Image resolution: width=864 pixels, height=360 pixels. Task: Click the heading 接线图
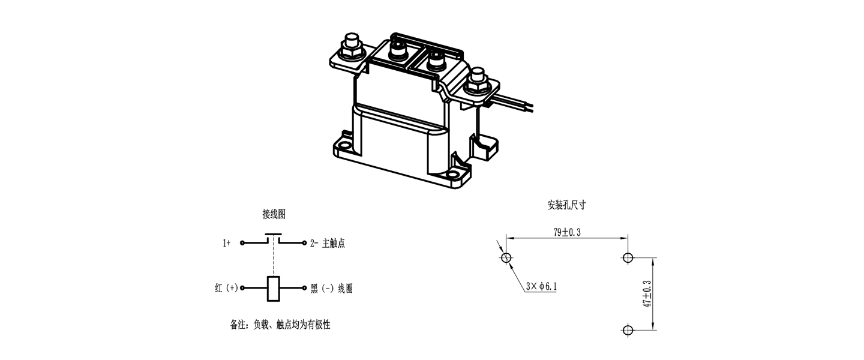click(x=274, y=214)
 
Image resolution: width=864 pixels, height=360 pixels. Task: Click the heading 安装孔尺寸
click(x=566, y=205)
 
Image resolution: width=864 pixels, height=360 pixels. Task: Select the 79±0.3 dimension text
click(x=567, y=232)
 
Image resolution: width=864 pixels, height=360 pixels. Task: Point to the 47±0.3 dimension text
click(x=647, y=294)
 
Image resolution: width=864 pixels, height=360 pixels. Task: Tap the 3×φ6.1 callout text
click(x=542, y=286)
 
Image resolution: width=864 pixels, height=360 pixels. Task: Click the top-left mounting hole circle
click(x=506, y=258)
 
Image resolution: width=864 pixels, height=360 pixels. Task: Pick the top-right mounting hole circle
click(x=628, y=258)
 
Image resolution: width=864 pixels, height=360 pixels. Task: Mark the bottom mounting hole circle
click(x=628, y=330)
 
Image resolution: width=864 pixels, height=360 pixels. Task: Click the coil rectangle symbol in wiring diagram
click(x=274, y=289)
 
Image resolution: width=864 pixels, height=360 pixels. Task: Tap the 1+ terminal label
click(x=226, y=243)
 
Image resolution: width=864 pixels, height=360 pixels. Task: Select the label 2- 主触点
click(x=328, y=244)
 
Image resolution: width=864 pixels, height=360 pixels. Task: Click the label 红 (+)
click(x=226, y=288)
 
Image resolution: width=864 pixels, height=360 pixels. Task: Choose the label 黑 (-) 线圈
click(x=332, y=289)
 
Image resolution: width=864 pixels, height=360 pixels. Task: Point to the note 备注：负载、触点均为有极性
click(x=280, y=325)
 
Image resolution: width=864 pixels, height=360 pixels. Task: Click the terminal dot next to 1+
click(x=242, y=243)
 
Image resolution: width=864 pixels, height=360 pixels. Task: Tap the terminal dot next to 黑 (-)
click(x=304, y=288)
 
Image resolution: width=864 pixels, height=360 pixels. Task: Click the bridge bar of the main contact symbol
click(x=274, y=234)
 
